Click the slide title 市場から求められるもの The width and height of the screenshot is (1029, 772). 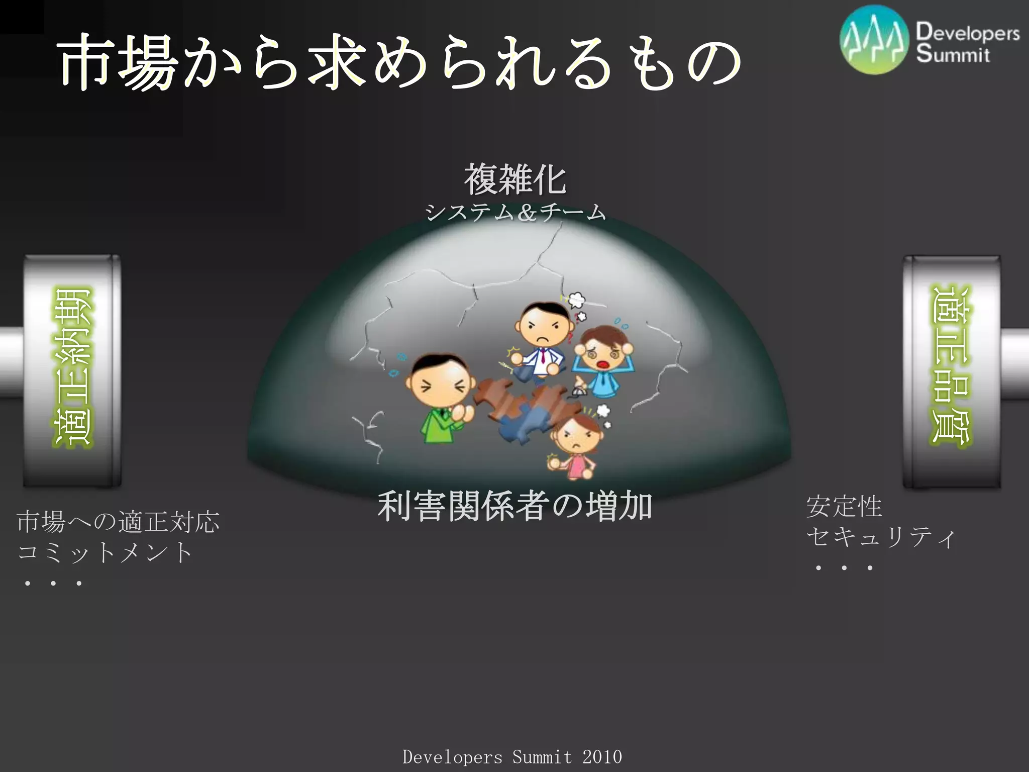(399, 63)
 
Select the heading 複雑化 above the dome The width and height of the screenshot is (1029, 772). (515, 179)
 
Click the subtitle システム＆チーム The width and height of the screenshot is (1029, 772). (515, 213)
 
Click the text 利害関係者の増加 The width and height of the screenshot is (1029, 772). (515, 506)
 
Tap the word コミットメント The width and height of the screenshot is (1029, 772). (105, 552)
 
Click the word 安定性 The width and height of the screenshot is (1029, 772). (844, 506)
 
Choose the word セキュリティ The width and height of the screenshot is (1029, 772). (880, 537)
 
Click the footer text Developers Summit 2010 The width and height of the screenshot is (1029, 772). (512, 756)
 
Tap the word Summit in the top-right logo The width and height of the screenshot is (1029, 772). (952, 54)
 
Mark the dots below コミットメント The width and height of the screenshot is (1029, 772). (53, 584)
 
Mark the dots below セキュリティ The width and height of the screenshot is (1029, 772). (844, 568)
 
